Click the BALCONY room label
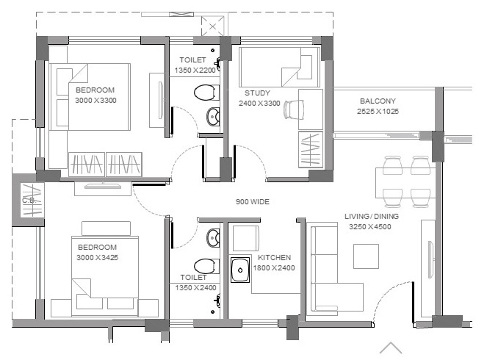pyautogui.click(x=378, y=101)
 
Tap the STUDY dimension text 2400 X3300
pyautogui.click(x=259, y=103)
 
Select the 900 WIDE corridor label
pyautogui.click(x=253, y=201)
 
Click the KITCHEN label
pyautogui.click(x=274, y=257)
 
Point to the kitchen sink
pyautogui.click(x=240, y=270)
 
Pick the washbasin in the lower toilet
pyautogui.click(x=213, y=237)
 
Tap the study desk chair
pyautogui.click(x=294, y=109)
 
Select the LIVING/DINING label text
pyautogui.click(x=372, y=216)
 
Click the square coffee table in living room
pyautogui.click(x=367, y=256)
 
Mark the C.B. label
pyautogui.click(x=28, y=201)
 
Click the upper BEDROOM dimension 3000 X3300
pyautogui.click(x=95, y=101)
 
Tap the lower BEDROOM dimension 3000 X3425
pyautogui.click(x=97, y=257)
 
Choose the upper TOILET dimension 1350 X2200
pyautogui.click(x=195, y=71)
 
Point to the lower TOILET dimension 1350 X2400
pyautogui.click(x=195, y=287)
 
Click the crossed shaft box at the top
pyautogui.click(x=212, y=26)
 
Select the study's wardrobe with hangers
pyautogui.click(x=311, y=149)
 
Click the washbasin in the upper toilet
pyautogui.click(x=213, y=117)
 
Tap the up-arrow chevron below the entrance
pyautogui.click(x=391, y=348)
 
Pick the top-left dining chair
pyautogui.click(x=392, y=165)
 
